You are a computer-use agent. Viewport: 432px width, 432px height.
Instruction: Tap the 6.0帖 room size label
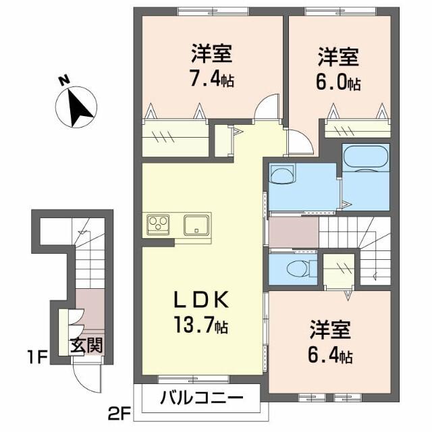tap(338, 84)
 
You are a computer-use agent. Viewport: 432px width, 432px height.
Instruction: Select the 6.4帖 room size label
tap(331, 354)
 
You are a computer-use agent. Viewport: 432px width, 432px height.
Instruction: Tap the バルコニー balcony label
tap(201, 398)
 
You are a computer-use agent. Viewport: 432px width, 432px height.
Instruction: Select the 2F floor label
tap(119, 410)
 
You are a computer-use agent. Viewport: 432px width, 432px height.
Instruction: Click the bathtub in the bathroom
tap(366, 159)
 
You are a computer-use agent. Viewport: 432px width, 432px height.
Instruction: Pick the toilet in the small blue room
tap(297, 269)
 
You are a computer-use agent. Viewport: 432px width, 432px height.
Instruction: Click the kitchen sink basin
tap(196, 224)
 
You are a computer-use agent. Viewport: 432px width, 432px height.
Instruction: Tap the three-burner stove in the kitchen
tap(159, 223)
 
